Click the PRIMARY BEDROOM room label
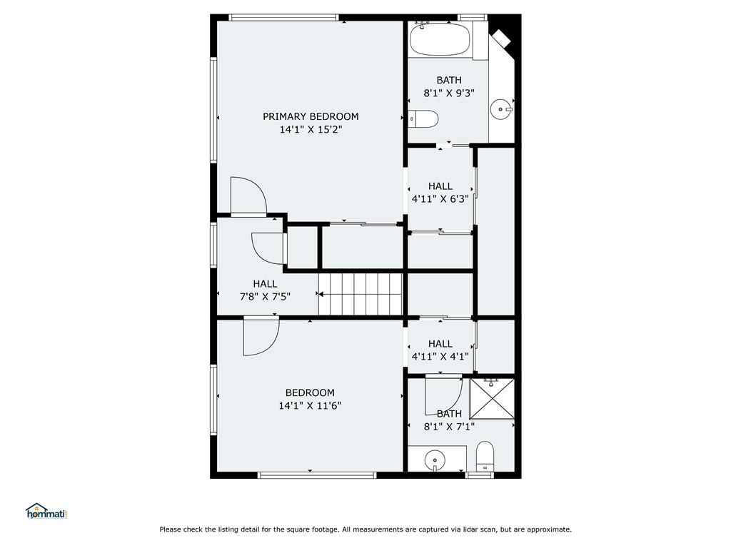pos(311,116)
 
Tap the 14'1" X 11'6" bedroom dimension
pos(310,405)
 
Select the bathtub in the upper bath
pos(440,39)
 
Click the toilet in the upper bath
pos(424,119)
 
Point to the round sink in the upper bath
pos(502,109)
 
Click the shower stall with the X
pos(492,399)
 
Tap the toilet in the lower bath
pos(485,456)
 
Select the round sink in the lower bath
pos(435,460)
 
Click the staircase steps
pos(361,294)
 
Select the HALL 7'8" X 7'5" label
pos(266,290)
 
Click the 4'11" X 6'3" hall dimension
pos(440,199)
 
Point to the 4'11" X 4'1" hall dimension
pos(440,357)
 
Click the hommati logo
pos(47,511)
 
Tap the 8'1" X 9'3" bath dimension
pos(449,93)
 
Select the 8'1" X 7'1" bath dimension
pos(449,427)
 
